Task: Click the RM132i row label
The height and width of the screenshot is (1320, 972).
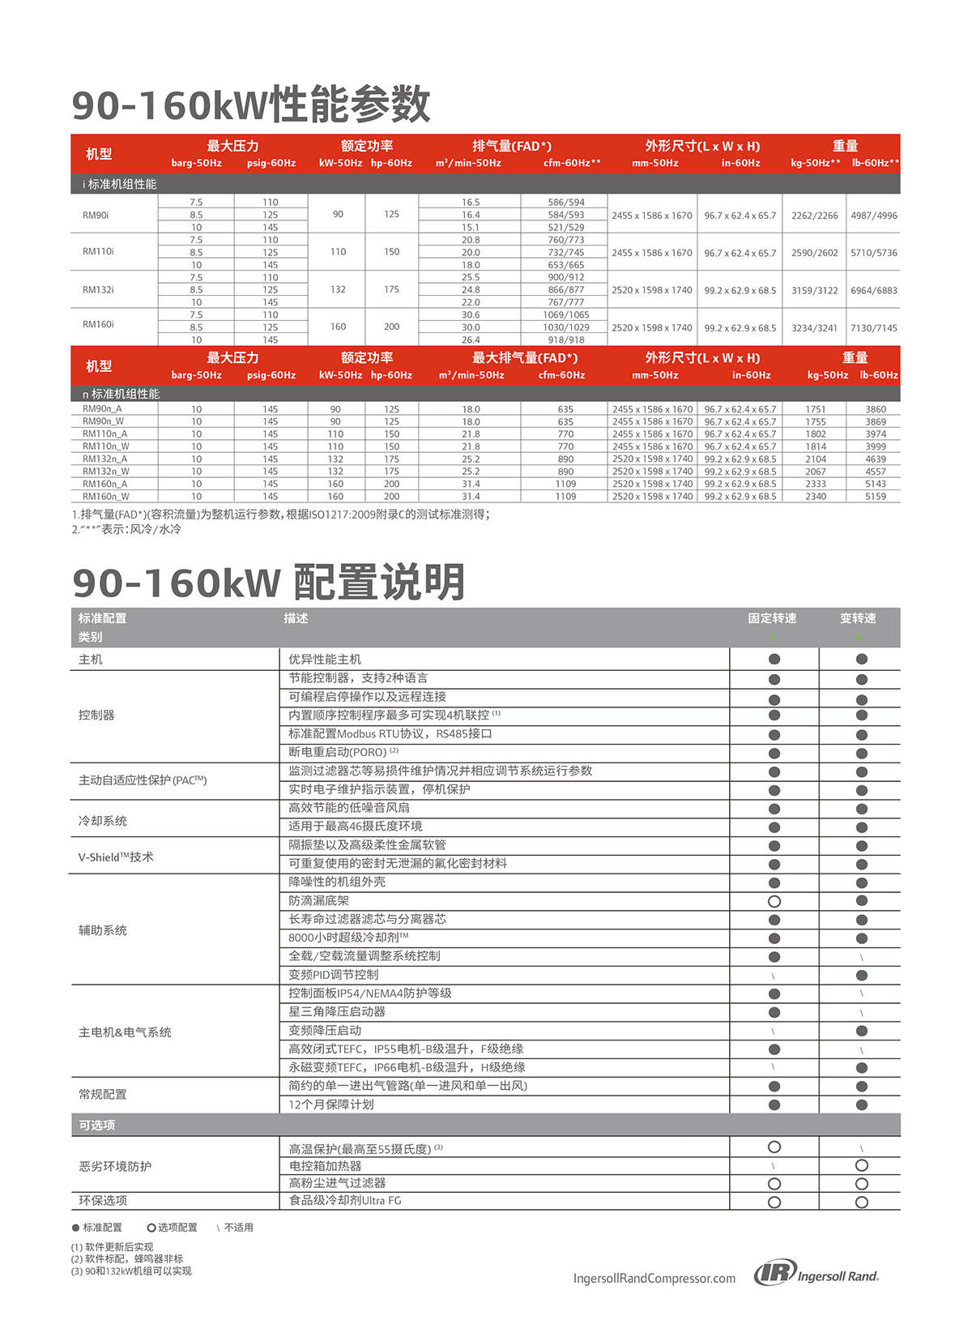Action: tap(98, 289)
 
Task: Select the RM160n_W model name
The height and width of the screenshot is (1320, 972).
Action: tap(105, 496)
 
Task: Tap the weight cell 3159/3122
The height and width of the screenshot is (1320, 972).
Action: tap(814, 290)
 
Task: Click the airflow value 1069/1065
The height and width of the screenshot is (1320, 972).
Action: tap(566, 314)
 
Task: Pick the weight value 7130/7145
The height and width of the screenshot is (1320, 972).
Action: tap(874, 327)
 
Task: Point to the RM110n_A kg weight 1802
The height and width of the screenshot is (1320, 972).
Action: tap(816, 434)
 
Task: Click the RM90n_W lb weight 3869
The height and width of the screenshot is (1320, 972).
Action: tap(876, 421)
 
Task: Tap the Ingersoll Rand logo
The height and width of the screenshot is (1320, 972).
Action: tap(816, 1275)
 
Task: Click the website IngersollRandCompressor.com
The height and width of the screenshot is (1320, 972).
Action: tap(654, 1278)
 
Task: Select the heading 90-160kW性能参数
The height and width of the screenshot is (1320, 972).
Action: tap(251, 105)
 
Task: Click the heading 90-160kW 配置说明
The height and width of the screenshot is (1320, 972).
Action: tap(268, 582)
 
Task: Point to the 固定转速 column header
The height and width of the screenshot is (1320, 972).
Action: tap(772, 618)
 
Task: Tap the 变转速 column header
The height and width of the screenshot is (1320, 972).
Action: tap(858, 618)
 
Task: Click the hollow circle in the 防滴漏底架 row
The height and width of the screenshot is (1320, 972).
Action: tap(774, 901)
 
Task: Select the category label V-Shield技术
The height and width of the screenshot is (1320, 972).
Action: tap(116, 857)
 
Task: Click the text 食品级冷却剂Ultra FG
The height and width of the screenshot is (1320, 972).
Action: tap(345, 1200)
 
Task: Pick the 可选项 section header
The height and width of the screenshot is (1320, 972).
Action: tap(97, 1125)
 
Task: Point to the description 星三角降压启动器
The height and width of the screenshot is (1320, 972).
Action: tap(337, 1011)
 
